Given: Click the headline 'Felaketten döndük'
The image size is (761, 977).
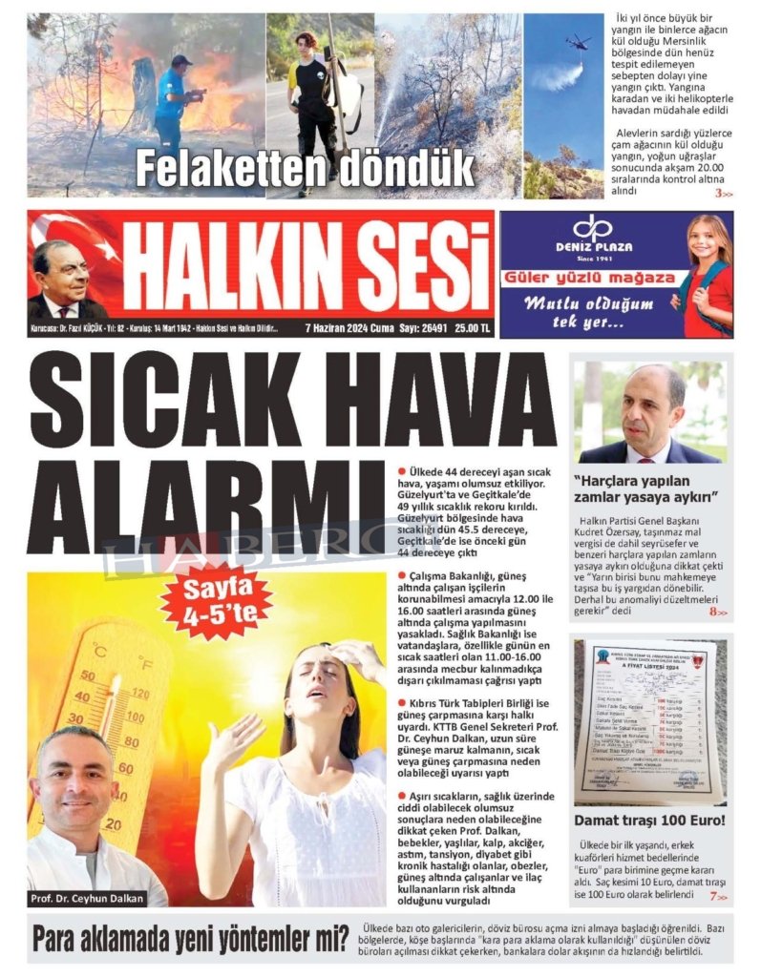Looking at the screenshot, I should [x=305, y=169].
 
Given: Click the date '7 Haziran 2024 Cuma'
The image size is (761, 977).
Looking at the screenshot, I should [x=349, y=328].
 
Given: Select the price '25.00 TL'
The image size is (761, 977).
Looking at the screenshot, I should [x=473, y=328].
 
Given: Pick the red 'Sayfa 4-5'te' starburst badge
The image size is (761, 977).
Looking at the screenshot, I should [x=216, y=600].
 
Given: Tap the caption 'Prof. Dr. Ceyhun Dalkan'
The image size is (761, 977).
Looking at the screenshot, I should [x=88, y=899].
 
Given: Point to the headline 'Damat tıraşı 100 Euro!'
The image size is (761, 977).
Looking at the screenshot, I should [x=649, y=820].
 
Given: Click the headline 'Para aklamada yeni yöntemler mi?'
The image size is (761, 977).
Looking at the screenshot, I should [x=190, y=939].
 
